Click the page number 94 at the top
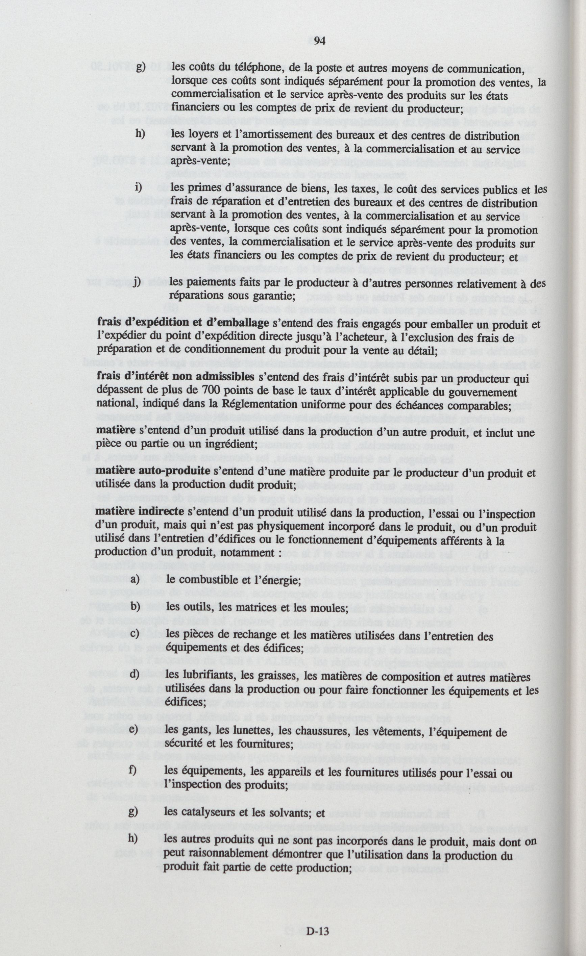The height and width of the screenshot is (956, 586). pyautogui.click(x=319, y=41)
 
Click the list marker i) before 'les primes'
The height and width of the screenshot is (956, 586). pyautogui.click(x=138, y=187)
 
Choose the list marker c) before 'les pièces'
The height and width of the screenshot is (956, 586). pyautogui.click(x=134, y=634)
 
